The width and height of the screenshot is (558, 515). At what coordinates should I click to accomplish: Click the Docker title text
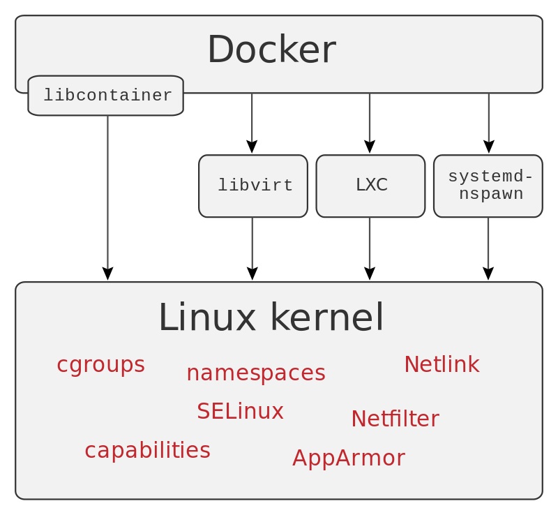(x=271, y=50)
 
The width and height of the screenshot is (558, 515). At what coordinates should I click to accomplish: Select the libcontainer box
(x=106, y=96)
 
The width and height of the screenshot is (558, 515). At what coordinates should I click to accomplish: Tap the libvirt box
(x=253, y=186)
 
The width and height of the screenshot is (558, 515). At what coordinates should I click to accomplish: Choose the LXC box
(x=370, y=186)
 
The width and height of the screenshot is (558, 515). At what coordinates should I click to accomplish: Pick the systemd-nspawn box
(x=488, y=186)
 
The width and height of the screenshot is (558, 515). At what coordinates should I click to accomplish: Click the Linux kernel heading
(x=271, y=318)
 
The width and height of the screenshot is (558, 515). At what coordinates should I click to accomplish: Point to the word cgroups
(x=100, y=365)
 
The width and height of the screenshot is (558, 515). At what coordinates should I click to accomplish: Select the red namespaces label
(x=255, y=373)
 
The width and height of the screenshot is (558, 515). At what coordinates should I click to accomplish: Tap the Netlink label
(x=442, y=364)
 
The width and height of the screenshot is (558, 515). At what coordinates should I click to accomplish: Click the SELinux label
(x=240, y=412)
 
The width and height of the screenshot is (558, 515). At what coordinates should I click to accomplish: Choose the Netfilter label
(x=395, y=419)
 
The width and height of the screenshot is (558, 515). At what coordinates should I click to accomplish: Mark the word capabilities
(x=147, y=451)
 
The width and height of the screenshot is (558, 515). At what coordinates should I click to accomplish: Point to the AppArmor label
(x=348, y=458)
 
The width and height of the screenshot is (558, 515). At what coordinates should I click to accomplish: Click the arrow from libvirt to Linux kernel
(x=252, y=248)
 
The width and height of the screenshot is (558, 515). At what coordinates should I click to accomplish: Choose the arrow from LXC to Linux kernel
(x=370, y=248)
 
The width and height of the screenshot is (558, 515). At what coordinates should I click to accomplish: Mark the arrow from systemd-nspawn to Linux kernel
(x=488, y=248)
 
